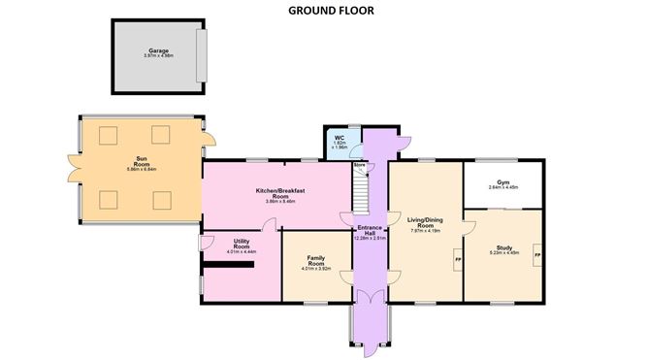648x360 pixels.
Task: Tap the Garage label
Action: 158,50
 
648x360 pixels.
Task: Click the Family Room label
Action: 315,260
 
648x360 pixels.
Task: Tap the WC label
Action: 340,139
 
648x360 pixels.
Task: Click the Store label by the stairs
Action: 359,166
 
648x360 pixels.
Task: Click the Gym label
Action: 502,181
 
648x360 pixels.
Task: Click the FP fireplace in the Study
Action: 536,254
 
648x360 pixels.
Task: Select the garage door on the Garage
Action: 202,55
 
